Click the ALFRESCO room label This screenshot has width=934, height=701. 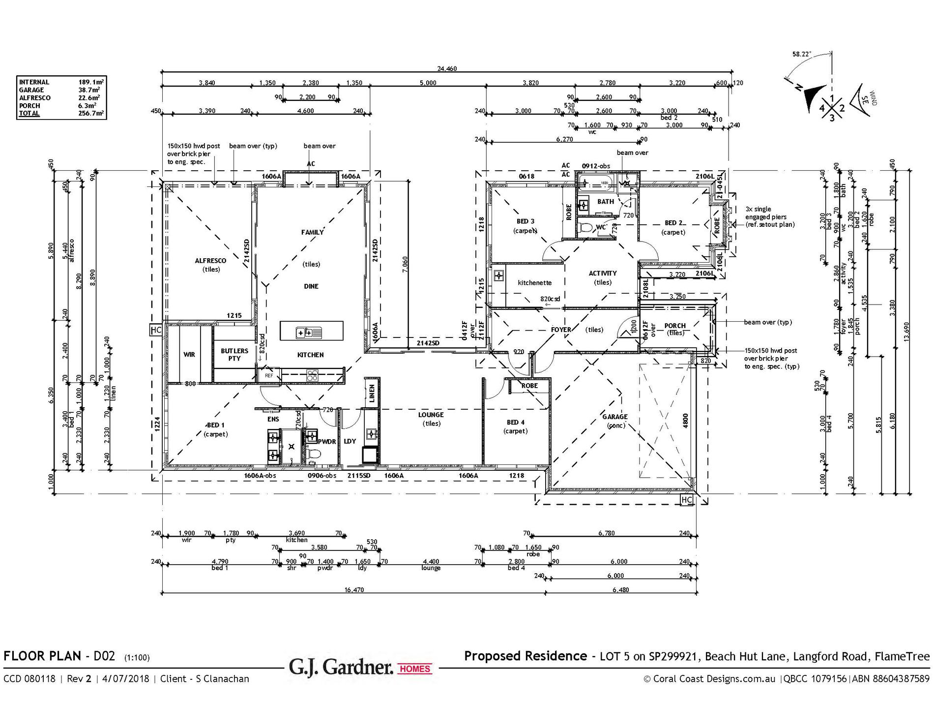click(210, 261)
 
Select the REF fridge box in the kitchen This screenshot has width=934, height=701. click(269, 376)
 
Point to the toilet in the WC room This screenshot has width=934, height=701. click(586, 228)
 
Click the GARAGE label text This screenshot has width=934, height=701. click(614, 417)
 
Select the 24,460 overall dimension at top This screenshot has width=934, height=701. click(447, 69)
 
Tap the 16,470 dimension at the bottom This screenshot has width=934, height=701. click(354, 590)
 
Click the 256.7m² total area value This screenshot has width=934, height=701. click(91, 113)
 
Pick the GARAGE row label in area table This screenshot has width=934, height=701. click(31, 90)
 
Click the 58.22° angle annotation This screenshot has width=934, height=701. click(801, 54)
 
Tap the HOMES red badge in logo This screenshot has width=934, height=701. click(415, 669)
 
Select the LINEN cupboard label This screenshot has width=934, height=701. click(372, 394)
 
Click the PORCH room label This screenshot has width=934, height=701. click(674, 326)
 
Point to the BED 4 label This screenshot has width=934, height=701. click(515, 422)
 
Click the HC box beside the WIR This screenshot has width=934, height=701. click(156, 330)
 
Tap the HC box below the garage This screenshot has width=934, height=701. click(687, 500)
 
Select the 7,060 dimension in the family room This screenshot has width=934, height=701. click(405, 265)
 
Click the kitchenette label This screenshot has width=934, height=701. click(534, 283)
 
